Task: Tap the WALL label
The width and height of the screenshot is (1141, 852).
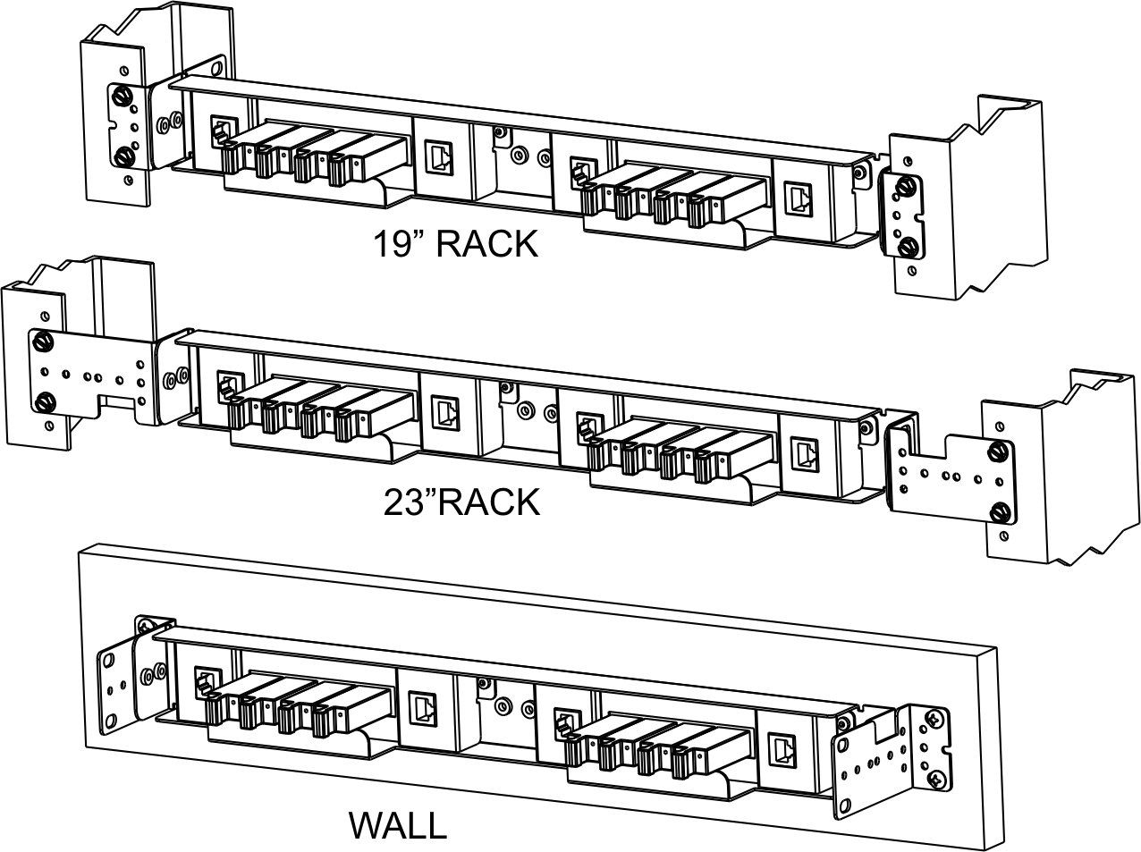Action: point(397,825)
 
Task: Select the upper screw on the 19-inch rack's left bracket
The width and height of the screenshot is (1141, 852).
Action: point(121,97)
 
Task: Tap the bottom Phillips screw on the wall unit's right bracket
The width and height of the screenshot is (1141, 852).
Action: point(936,780)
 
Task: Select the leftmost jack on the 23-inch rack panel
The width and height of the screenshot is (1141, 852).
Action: point(227,386)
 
